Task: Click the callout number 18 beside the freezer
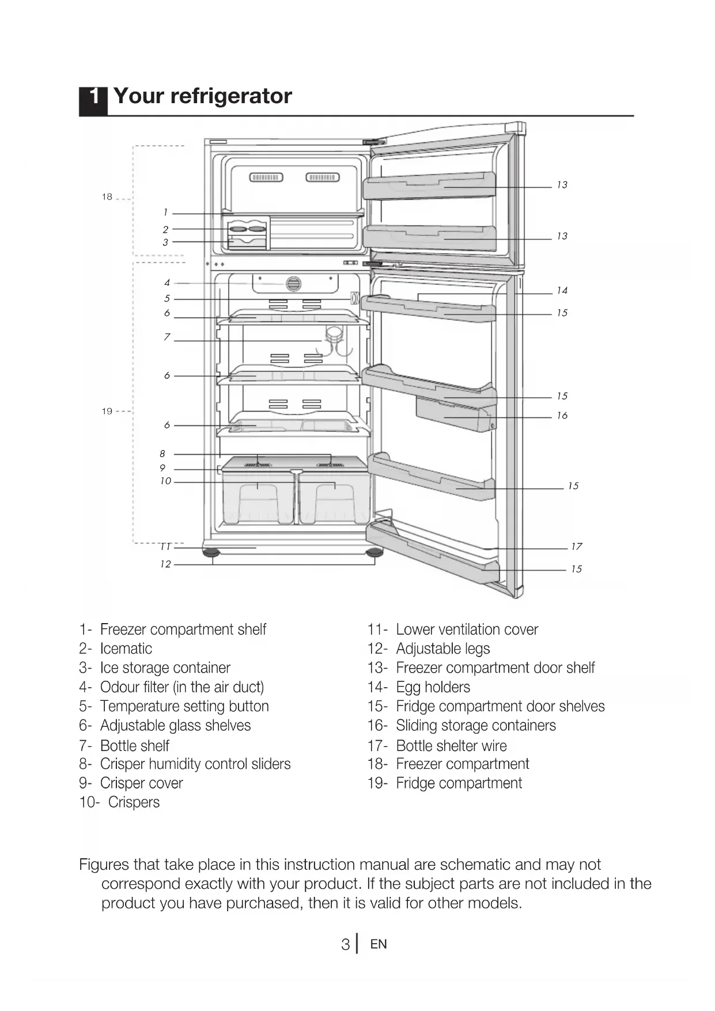point(107,197)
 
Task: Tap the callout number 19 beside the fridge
point(107,412)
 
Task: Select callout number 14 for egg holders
point(562,291)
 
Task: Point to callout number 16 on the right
point(562,416)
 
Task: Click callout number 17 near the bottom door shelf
point(576,546)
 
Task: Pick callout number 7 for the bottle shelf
point(167,337)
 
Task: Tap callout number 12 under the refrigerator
point(166,564)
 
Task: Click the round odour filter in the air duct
point(293,284)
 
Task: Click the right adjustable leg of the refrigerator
point(374,553)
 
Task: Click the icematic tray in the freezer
point(248,229)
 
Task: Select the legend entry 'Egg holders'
point(433,687)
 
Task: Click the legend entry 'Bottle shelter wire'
point(451,746)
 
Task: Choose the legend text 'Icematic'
point(126,648)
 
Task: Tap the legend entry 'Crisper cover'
point(141,783)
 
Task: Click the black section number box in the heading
point(93,99)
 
